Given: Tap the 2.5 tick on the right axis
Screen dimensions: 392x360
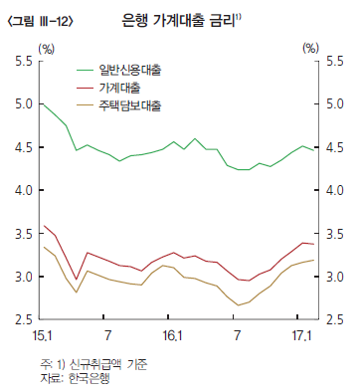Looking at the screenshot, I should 335,319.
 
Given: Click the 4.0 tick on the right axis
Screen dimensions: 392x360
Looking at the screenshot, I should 335,191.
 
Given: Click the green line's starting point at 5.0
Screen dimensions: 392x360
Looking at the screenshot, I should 42,103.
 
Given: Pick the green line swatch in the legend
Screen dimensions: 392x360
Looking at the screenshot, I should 87,71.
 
